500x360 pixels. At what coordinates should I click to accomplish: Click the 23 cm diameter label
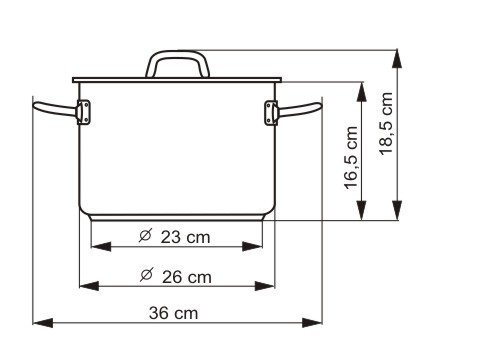pos(175,237)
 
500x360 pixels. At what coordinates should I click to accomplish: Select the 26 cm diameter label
pos(176,276)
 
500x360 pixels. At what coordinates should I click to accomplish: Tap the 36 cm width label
pos(173,313)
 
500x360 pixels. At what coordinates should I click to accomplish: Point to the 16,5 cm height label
pos(351,158)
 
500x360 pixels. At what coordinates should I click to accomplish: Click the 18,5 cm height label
pos(386,123)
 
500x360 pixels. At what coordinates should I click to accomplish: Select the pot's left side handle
pos(55,109)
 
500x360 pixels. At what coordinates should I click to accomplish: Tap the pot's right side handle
pos(299,110)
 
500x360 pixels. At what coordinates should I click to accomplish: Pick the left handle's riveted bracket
pos(83,112)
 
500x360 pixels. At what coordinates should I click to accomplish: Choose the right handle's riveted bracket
pos(271,113)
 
